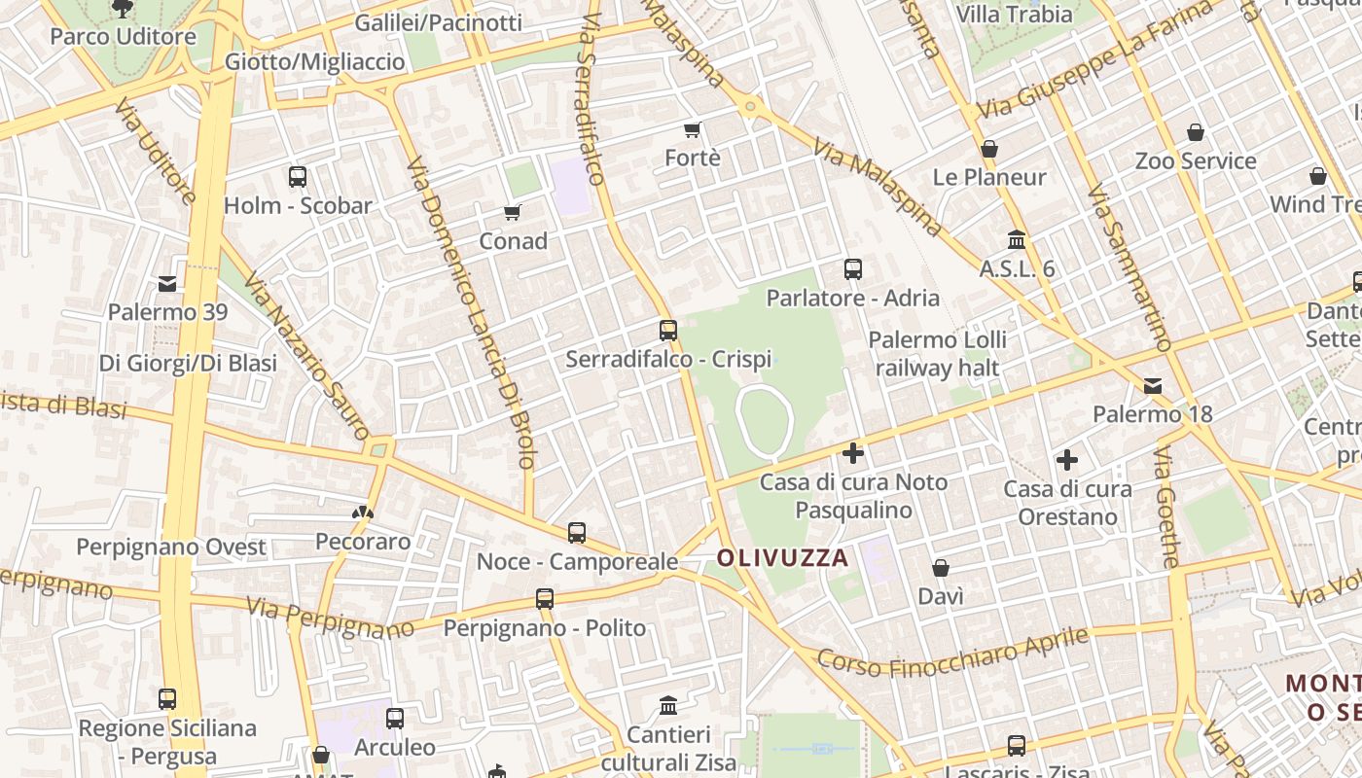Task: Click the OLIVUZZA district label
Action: coord(782,558)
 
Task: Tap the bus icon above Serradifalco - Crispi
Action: coord(667,331)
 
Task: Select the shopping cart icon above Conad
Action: coord(512,212)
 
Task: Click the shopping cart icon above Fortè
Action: coord(692,129)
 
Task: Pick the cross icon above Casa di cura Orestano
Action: coord(1067,460)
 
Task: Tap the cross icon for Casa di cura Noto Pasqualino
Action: coord(853,453)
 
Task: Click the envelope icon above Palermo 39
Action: coord(167,284)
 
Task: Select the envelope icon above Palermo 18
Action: coord(1153,386)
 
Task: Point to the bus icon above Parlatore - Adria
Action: coord(853,269)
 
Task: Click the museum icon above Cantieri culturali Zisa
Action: coord(668,705)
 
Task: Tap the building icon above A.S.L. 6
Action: coord(1017,239)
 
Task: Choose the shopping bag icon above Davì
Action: coord(941,568)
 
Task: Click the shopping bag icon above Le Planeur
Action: coord(989,149)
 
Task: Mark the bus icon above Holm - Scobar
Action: coord(298,177)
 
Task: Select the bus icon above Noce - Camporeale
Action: coord(577,533)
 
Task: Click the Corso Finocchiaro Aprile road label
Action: coord(952,652)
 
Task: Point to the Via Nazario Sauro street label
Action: coord(305,356)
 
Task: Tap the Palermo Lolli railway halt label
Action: coord(937,354)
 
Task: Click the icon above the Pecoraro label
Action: coord(362,513)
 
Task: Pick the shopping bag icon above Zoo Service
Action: coord(1196,132)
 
